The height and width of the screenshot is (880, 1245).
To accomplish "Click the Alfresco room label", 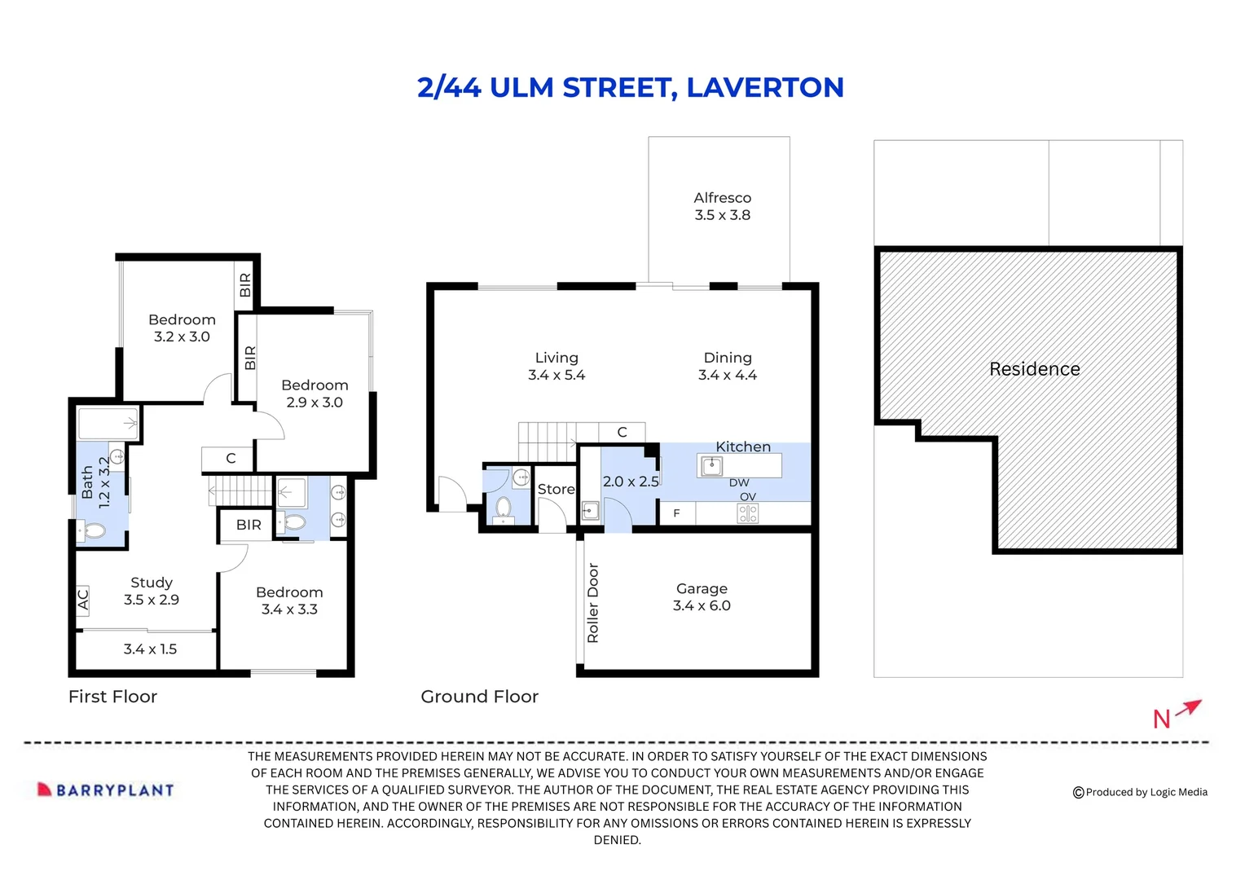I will [722, 206].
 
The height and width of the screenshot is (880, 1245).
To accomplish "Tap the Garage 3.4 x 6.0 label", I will [702, 597].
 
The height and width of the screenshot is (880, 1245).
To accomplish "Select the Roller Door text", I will [593, 603].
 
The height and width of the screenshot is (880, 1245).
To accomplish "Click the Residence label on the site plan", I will [1034, 369].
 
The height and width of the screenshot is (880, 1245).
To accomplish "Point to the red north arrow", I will [1189, 707].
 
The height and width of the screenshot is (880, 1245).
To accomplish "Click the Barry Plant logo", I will [106, 790].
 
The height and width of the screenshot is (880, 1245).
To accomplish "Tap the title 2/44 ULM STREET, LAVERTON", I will [630, 87].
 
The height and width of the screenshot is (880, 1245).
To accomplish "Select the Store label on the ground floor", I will [556, 489].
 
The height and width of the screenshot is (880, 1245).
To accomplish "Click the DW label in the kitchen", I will [739, 482].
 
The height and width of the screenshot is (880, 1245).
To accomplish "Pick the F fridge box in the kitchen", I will [676, 513].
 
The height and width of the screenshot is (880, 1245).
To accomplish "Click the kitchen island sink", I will [712, 465].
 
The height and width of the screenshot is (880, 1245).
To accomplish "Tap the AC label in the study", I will [82, 599].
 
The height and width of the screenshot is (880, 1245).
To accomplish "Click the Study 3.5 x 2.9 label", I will [152, 591].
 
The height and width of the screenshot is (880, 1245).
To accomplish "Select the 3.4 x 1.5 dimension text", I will [150, 649].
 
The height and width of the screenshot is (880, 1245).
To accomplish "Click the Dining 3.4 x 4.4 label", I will [728, 367].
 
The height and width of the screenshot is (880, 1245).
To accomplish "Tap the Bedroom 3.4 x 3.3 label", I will [289, 601].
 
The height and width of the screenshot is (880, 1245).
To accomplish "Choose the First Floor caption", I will [112, 697].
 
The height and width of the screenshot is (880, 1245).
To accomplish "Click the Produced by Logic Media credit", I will [1140, 792].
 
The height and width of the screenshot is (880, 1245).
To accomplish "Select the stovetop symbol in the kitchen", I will [747, 513].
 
